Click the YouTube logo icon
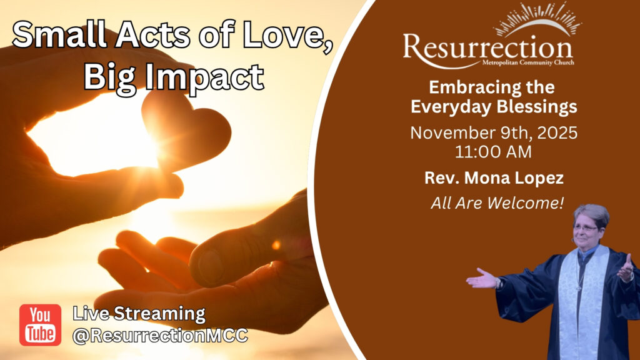41,325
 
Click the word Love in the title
286,34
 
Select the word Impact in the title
204,77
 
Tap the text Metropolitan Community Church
528,62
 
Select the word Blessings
537,107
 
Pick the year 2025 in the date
557,133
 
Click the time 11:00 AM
494,152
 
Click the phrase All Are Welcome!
497,203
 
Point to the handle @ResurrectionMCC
160,336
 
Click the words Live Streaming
139,314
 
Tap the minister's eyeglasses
585,228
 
